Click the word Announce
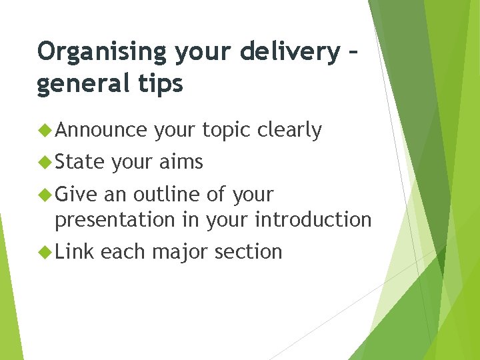pos(101,130)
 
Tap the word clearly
pos(289,130)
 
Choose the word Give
pos(77,195)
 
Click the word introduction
pos(313,219)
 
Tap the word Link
pos(75,251)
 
